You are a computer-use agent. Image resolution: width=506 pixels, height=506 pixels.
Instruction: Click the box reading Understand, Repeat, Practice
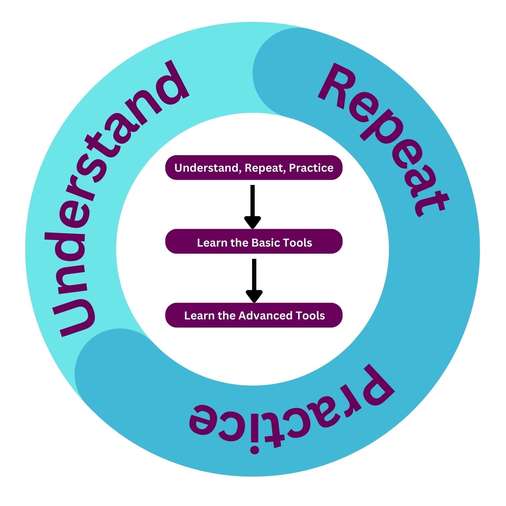(254, 168)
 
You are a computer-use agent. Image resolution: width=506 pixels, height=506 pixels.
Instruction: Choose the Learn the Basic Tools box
(254, 242)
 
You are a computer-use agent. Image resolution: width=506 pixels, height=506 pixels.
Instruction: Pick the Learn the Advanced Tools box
(254, 315)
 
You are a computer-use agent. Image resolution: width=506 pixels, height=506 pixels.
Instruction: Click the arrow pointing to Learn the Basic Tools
(253, 206)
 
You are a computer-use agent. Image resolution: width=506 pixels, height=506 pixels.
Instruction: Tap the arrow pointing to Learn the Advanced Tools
(254, 280)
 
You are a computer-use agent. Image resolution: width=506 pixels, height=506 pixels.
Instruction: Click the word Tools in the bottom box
(310, 316)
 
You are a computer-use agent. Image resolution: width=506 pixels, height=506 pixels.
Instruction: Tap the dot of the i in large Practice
(254, 449)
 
